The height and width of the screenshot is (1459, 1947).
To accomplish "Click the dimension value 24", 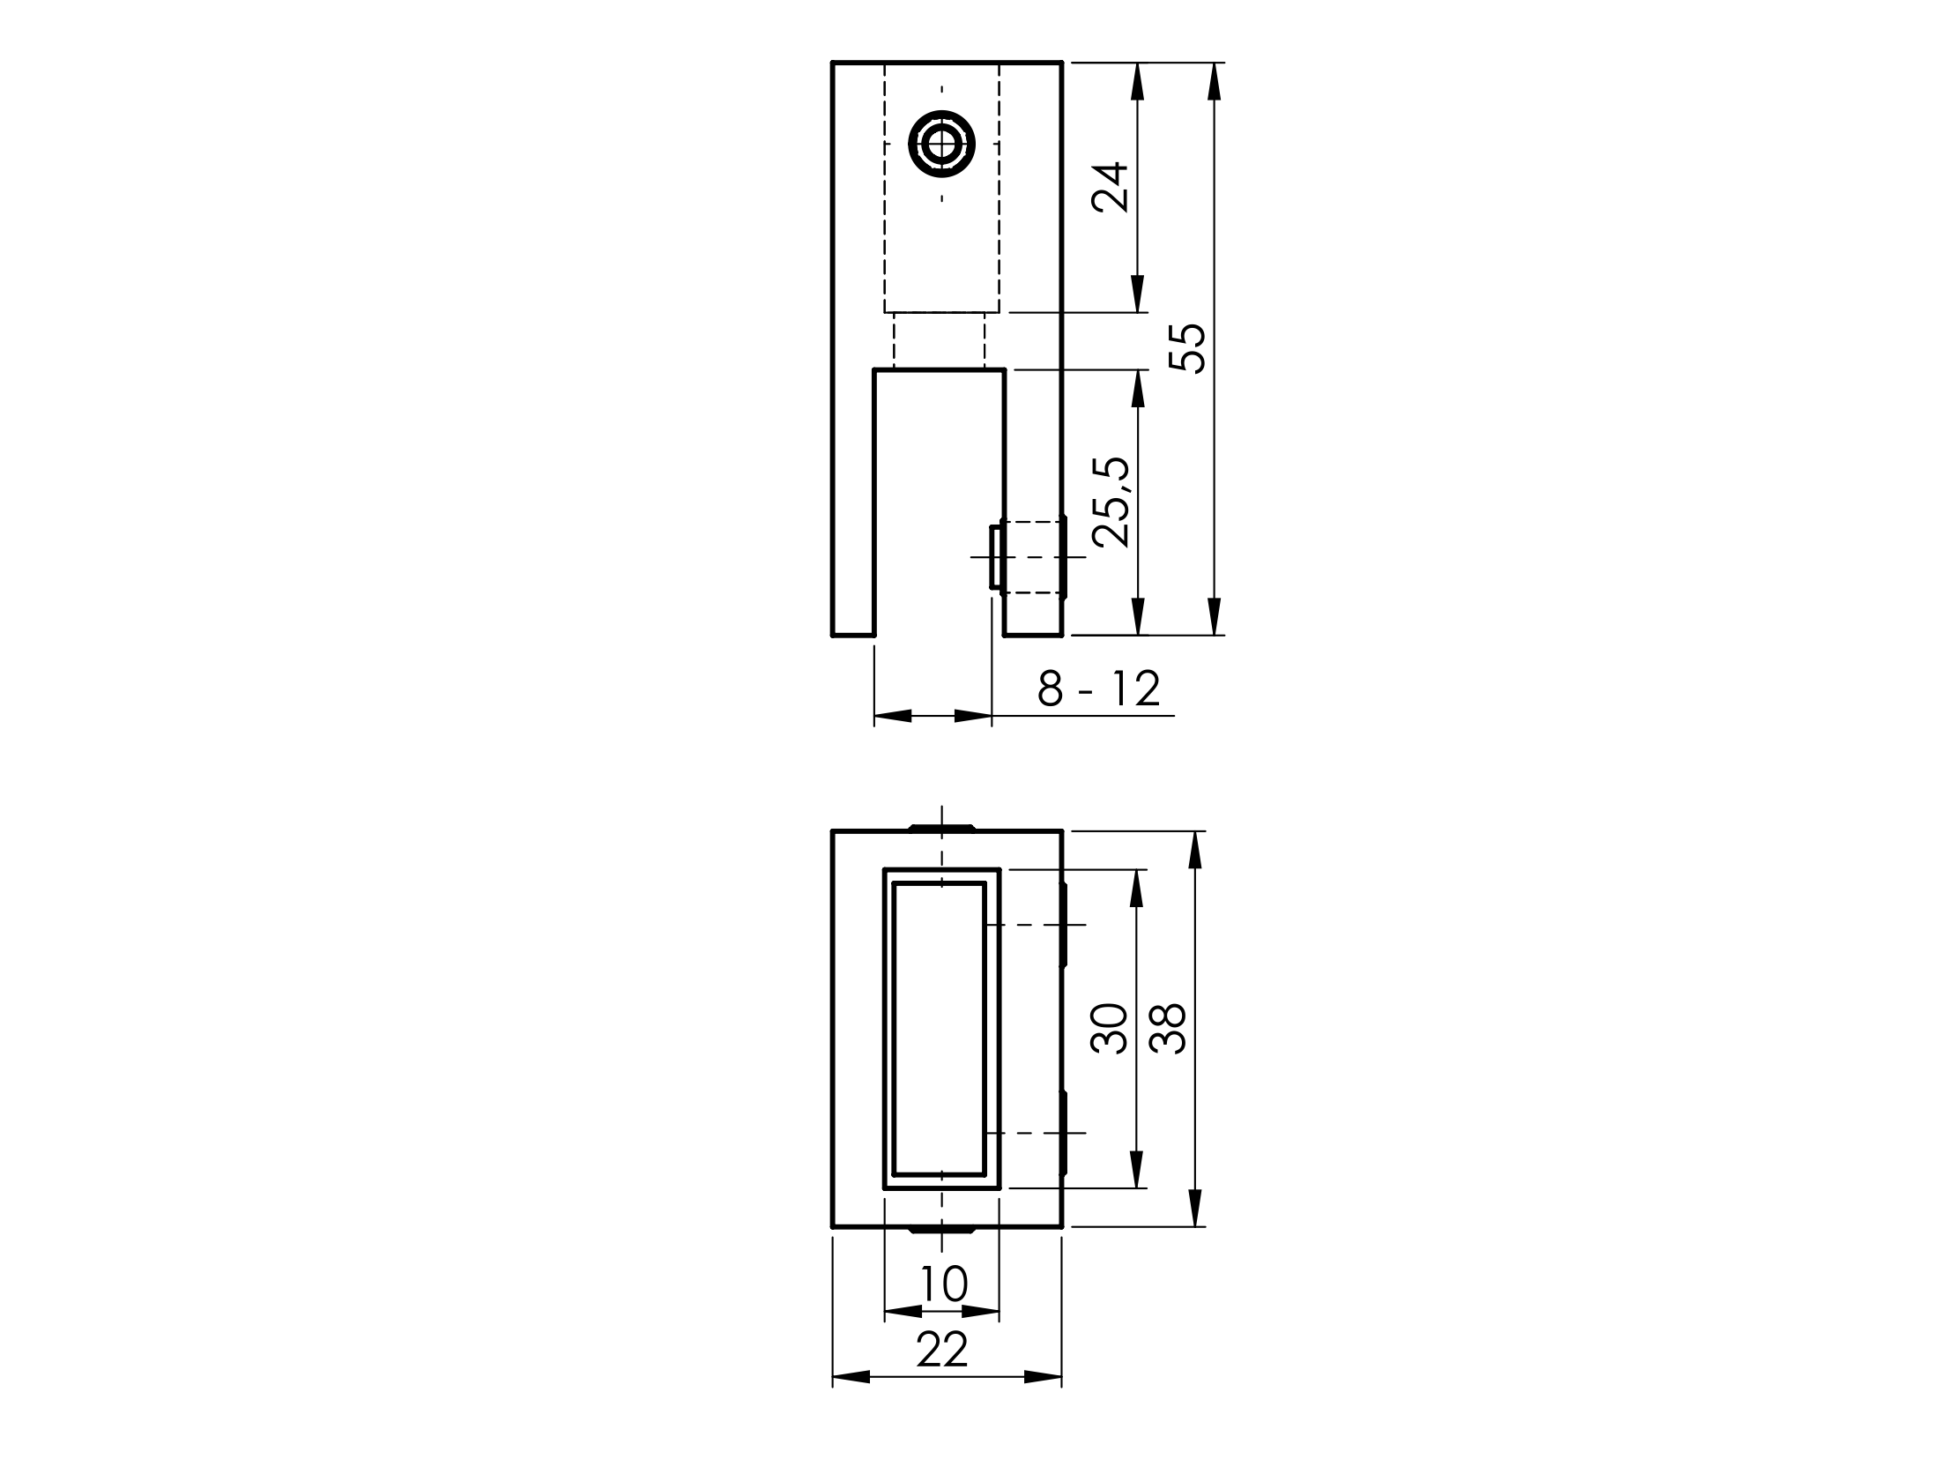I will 1110,187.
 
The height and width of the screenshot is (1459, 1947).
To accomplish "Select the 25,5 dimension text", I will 1110,503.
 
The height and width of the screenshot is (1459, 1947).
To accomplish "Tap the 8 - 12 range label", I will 1098,689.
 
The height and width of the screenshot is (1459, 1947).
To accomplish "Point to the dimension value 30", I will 1110,1028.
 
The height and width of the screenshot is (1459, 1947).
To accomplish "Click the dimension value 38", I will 1169,1028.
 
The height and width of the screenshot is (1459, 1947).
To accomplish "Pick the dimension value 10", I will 943,1284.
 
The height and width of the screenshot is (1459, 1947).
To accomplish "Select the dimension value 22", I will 943,1350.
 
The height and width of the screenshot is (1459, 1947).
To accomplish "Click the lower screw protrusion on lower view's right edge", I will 1064,1132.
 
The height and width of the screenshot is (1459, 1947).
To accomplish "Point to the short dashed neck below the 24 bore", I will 940,340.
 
